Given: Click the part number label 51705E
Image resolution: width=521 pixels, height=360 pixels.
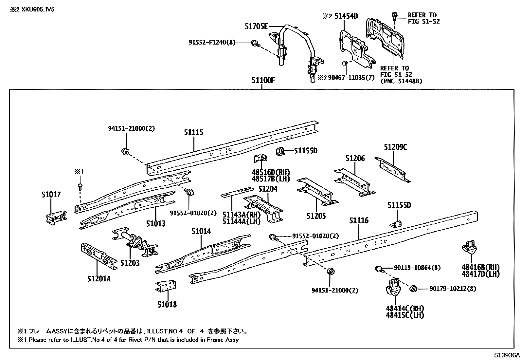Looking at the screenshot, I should [x=256, y=26].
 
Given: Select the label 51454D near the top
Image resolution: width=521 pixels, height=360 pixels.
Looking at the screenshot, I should [x=346, y=16].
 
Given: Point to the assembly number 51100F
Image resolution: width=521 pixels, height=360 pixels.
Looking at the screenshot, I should [x=263, y=80].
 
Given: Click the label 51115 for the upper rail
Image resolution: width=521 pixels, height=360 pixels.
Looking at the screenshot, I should [x=193, y=132].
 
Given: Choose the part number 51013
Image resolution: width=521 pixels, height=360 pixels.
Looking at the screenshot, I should [x=155, y=224].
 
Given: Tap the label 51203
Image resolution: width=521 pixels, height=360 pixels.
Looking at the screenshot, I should [x=130, y=263].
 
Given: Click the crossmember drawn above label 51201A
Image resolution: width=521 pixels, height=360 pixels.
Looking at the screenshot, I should [x=99, y=256].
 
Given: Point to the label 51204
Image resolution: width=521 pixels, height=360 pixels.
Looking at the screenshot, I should [x=268, y=189].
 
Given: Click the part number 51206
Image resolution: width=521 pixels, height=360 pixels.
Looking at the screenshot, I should [x=355, y=159].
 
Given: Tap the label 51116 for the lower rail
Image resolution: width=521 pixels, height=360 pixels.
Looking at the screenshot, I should [x=359, y=220].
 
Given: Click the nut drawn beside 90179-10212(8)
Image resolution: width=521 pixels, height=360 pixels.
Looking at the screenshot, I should [x=413, y=288].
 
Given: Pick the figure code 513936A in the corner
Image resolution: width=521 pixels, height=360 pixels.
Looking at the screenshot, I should [x=507, y=355].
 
